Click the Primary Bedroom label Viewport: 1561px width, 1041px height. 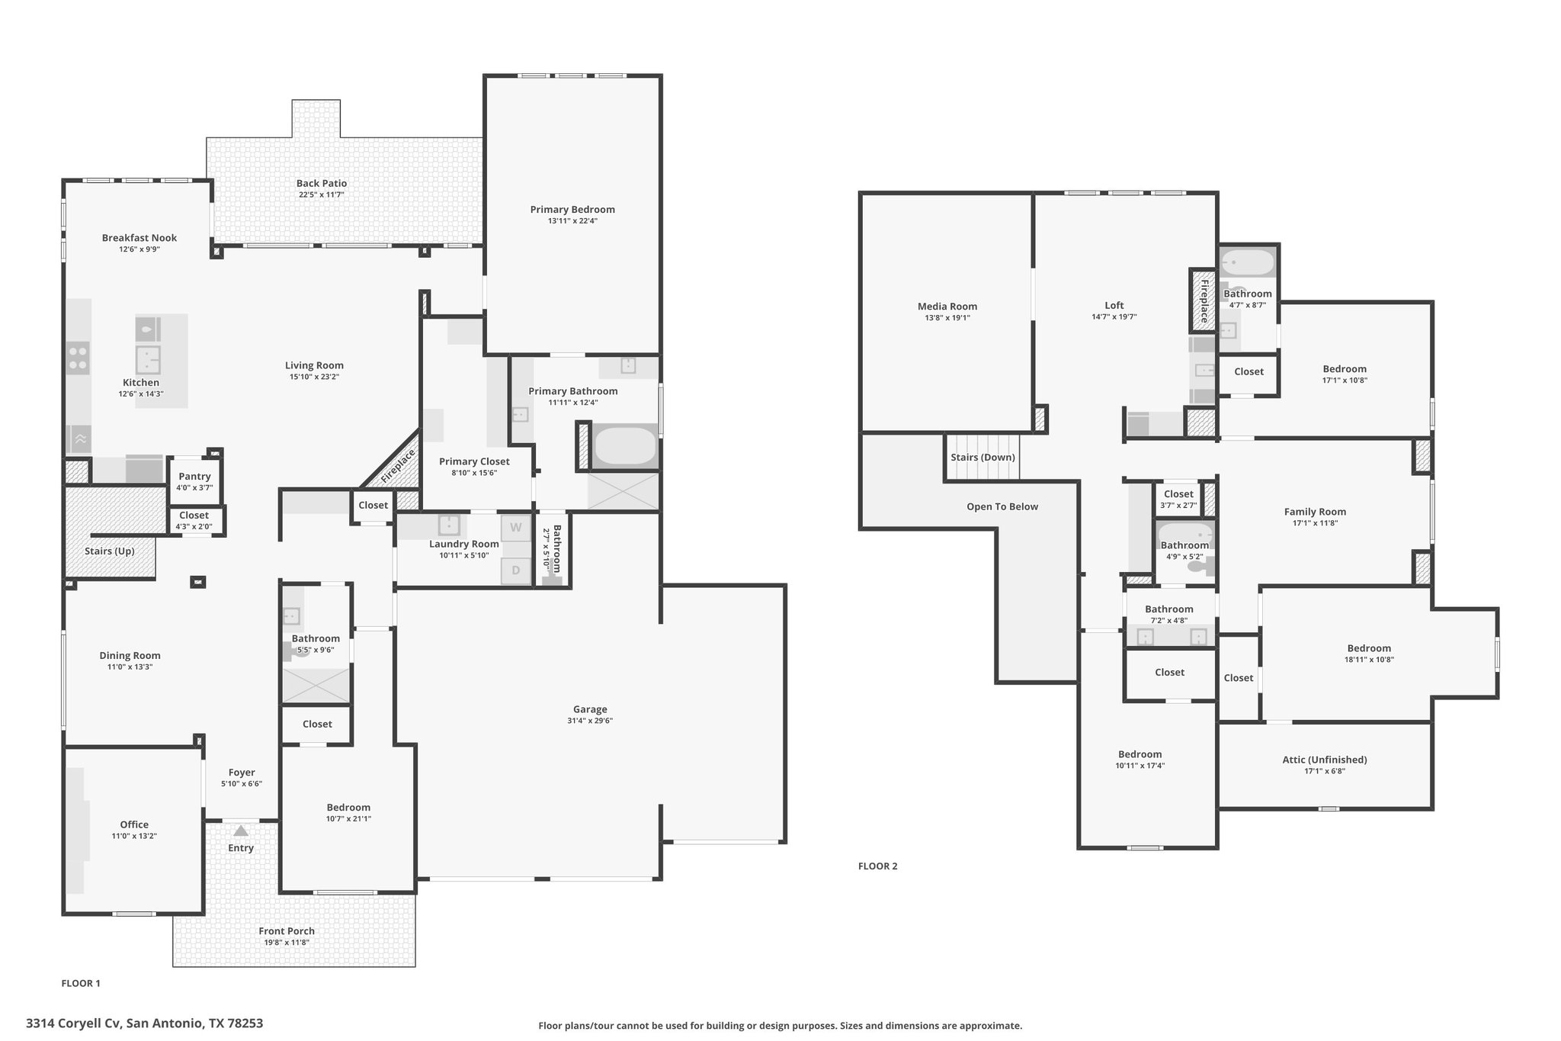[x=572, y=210]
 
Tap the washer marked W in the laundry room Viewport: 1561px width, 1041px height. [x=516, y=528]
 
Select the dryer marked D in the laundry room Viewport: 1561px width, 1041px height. [x=516, y=570]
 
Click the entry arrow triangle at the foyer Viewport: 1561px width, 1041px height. [x=241, y=831]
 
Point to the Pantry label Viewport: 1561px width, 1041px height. [x=194, y=477]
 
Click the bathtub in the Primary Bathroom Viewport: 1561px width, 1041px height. [x=624, y=446]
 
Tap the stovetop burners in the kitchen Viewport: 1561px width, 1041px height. [x=78, y=358]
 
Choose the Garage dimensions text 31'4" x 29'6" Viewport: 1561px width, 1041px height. [x=590, y=721]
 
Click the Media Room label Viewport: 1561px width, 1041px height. [x=947, y=307]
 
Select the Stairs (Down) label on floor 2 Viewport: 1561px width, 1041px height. [x=982, y=458]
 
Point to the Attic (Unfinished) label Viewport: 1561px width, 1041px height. [x=1325, y=760]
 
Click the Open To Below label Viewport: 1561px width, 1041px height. [x=1002, y=506]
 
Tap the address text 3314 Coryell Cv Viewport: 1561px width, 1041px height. [x=73, y=1023]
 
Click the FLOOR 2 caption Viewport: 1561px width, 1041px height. [x=878, y=866]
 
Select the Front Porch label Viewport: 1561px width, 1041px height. [x=287, y=931]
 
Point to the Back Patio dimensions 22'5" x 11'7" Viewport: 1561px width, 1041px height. [x=322, y=194]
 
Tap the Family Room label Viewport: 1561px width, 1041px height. [x=1315, y=512]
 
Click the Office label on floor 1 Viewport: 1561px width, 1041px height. [x=134, y=824]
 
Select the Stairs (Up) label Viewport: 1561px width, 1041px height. [x=110, y=551]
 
